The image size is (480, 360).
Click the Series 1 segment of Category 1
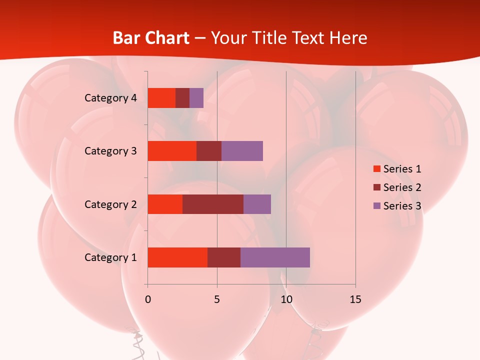point(177,257)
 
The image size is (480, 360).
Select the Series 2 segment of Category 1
point(224,257)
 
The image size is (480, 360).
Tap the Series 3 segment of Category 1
point(275,257)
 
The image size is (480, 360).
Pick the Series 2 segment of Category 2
point(213,204)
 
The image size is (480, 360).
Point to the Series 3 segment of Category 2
point(257,204)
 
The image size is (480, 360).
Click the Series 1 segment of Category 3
point(172,151)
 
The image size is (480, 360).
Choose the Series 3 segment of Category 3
point(242,151)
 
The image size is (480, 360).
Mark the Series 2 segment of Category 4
point(182,98)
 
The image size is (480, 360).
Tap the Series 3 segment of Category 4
point(196,98)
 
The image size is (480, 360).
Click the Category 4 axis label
point(110,98)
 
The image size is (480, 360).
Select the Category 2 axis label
point(110,204)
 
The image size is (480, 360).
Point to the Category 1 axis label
point(110,257)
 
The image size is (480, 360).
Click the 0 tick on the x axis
point(148,299)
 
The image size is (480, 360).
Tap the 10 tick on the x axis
point(286,299)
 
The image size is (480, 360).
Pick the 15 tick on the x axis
point(355,299)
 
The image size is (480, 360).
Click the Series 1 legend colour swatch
point(376,169)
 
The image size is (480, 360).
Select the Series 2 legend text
point(402,187)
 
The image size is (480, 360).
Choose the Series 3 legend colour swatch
point(376,206)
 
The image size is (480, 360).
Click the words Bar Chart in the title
point(151,38)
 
